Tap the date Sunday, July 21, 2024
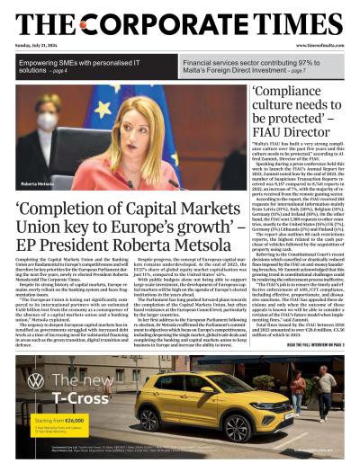[38, 44]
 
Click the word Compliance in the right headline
[292, 93]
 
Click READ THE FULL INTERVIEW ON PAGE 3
[305, 343]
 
